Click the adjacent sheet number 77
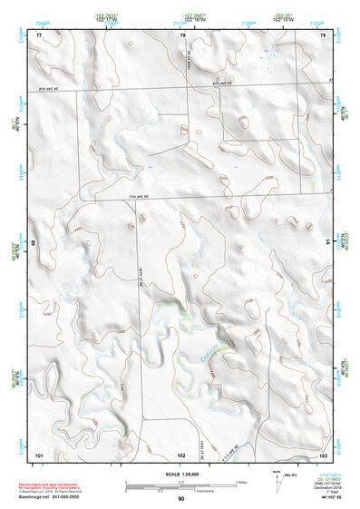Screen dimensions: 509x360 [x=39, y=34]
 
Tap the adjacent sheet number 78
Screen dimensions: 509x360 [x=182, y=34]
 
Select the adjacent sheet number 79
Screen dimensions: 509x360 [x=323, y=34]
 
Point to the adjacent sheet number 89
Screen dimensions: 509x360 [x=36, y=243]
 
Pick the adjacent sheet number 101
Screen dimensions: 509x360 [x=39, y=453]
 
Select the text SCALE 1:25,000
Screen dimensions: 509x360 [x=180, y=473]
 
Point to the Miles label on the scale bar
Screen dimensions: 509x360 [x=241, y=481]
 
